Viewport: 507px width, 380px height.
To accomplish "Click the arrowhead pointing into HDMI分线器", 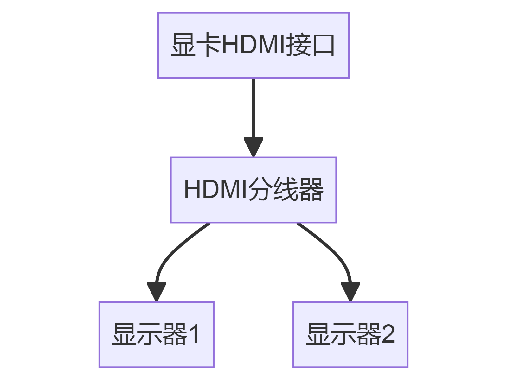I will click(x=253, y=146).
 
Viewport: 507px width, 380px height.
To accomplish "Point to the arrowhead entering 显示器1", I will click(x=156, y=291).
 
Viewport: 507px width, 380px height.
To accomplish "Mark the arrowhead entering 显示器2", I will click(x=350, y=291).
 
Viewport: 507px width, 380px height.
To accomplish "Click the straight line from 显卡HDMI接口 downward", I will click(x=253, y=108).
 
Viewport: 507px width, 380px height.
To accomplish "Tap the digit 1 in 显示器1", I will click(x=194, y=334).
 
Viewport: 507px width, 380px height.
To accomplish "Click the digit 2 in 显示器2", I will click(x=388, y=334).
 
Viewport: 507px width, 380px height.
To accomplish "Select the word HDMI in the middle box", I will click(x=215, y=189).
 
